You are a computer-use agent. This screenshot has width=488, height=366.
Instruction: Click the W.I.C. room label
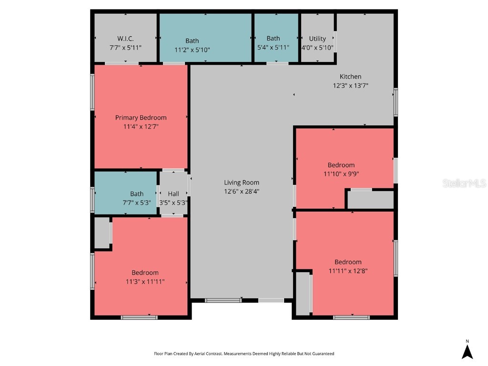click(125, 39)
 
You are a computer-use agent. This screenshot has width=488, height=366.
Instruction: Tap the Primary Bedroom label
click(141, 118)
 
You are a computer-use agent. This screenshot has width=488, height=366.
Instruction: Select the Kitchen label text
click(350, 77)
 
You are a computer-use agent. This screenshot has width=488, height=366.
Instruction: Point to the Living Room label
click(242, 183)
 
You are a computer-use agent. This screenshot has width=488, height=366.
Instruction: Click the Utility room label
click(317, 39)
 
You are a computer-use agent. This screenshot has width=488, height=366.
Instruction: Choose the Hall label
click(173, 194)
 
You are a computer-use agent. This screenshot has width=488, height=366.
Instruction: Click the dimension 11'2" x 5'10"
click(192, 50)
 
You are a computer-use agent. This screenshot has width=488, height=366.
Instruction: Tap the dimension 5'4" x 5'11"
click(273, 48)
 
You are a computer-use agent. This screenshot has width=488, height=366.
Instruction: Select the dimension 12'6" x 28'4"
click(242, 192)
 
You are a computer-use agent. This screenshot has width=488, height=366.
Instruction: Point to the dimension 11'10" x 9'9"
click(341, 174)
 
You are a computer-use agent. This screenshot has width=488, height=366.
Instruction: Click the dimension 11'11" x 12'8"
click(348, 271)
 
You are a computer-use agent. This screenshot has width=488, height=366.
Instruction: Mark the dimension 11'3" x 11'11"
click(145, 282)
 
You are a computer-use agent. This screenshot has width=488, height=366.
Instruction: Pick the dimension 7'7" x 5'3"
click(137, 203)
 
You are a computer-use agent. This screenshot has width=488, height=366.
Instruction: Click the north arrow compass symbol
click(467, 352)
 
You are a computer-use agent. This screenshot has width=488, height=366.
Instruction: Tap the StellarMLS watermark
click(464, 183)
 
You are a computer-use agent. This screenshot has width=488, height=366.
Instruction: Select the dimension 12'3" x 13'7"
click(350, 86)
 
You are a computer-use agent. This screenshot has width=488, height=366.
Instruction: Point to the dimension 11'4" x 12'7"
click(141, 127)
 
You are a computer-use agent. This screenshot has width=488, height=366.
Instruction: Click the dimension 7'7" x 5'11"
click(125, 48)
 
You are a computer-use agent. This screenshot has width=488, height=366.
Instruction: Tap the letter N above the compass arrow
click(467, 341)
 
